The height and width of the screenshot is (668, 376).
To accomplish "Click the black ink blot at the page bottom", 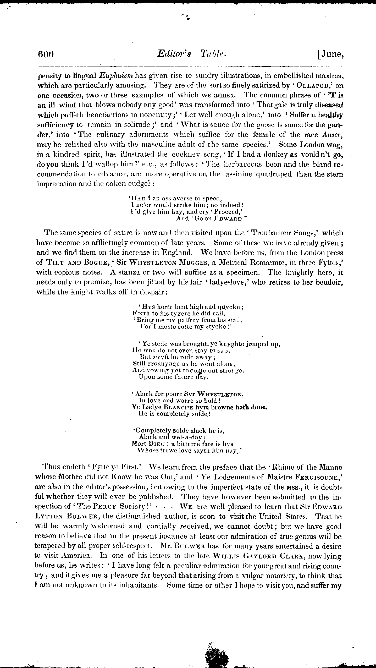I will tap(215, 655).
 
